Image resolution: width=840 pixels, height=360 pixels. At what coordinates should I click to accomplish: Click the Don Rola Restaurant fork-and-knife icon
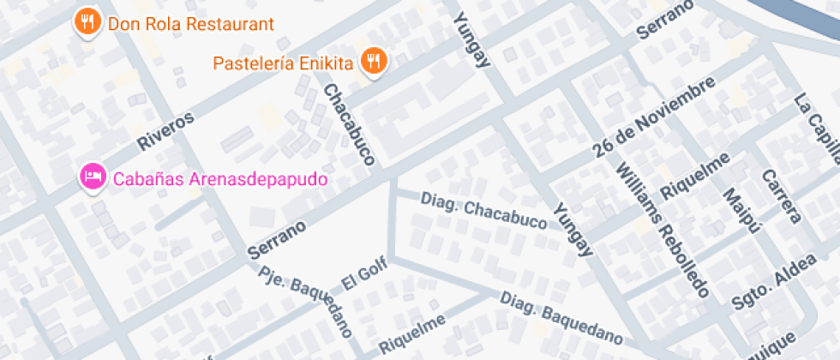point(86,21)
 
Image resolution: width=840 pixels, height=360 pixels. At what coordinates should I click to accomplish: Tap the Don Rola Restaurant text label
point(190,23)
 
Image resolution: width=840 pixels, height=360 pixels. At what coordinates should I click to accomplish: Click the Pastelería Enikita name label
point(283,63)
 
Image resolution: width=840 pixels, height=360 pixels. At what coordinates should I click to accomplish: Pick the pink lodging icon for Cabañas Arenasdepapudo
point(92,177)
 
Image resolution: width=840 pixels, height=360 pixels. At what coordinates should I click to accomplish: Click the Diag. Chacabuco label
point(483,210)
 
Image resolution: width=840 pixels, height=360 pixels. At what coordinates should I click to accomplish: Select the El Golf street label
point(364,273)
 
